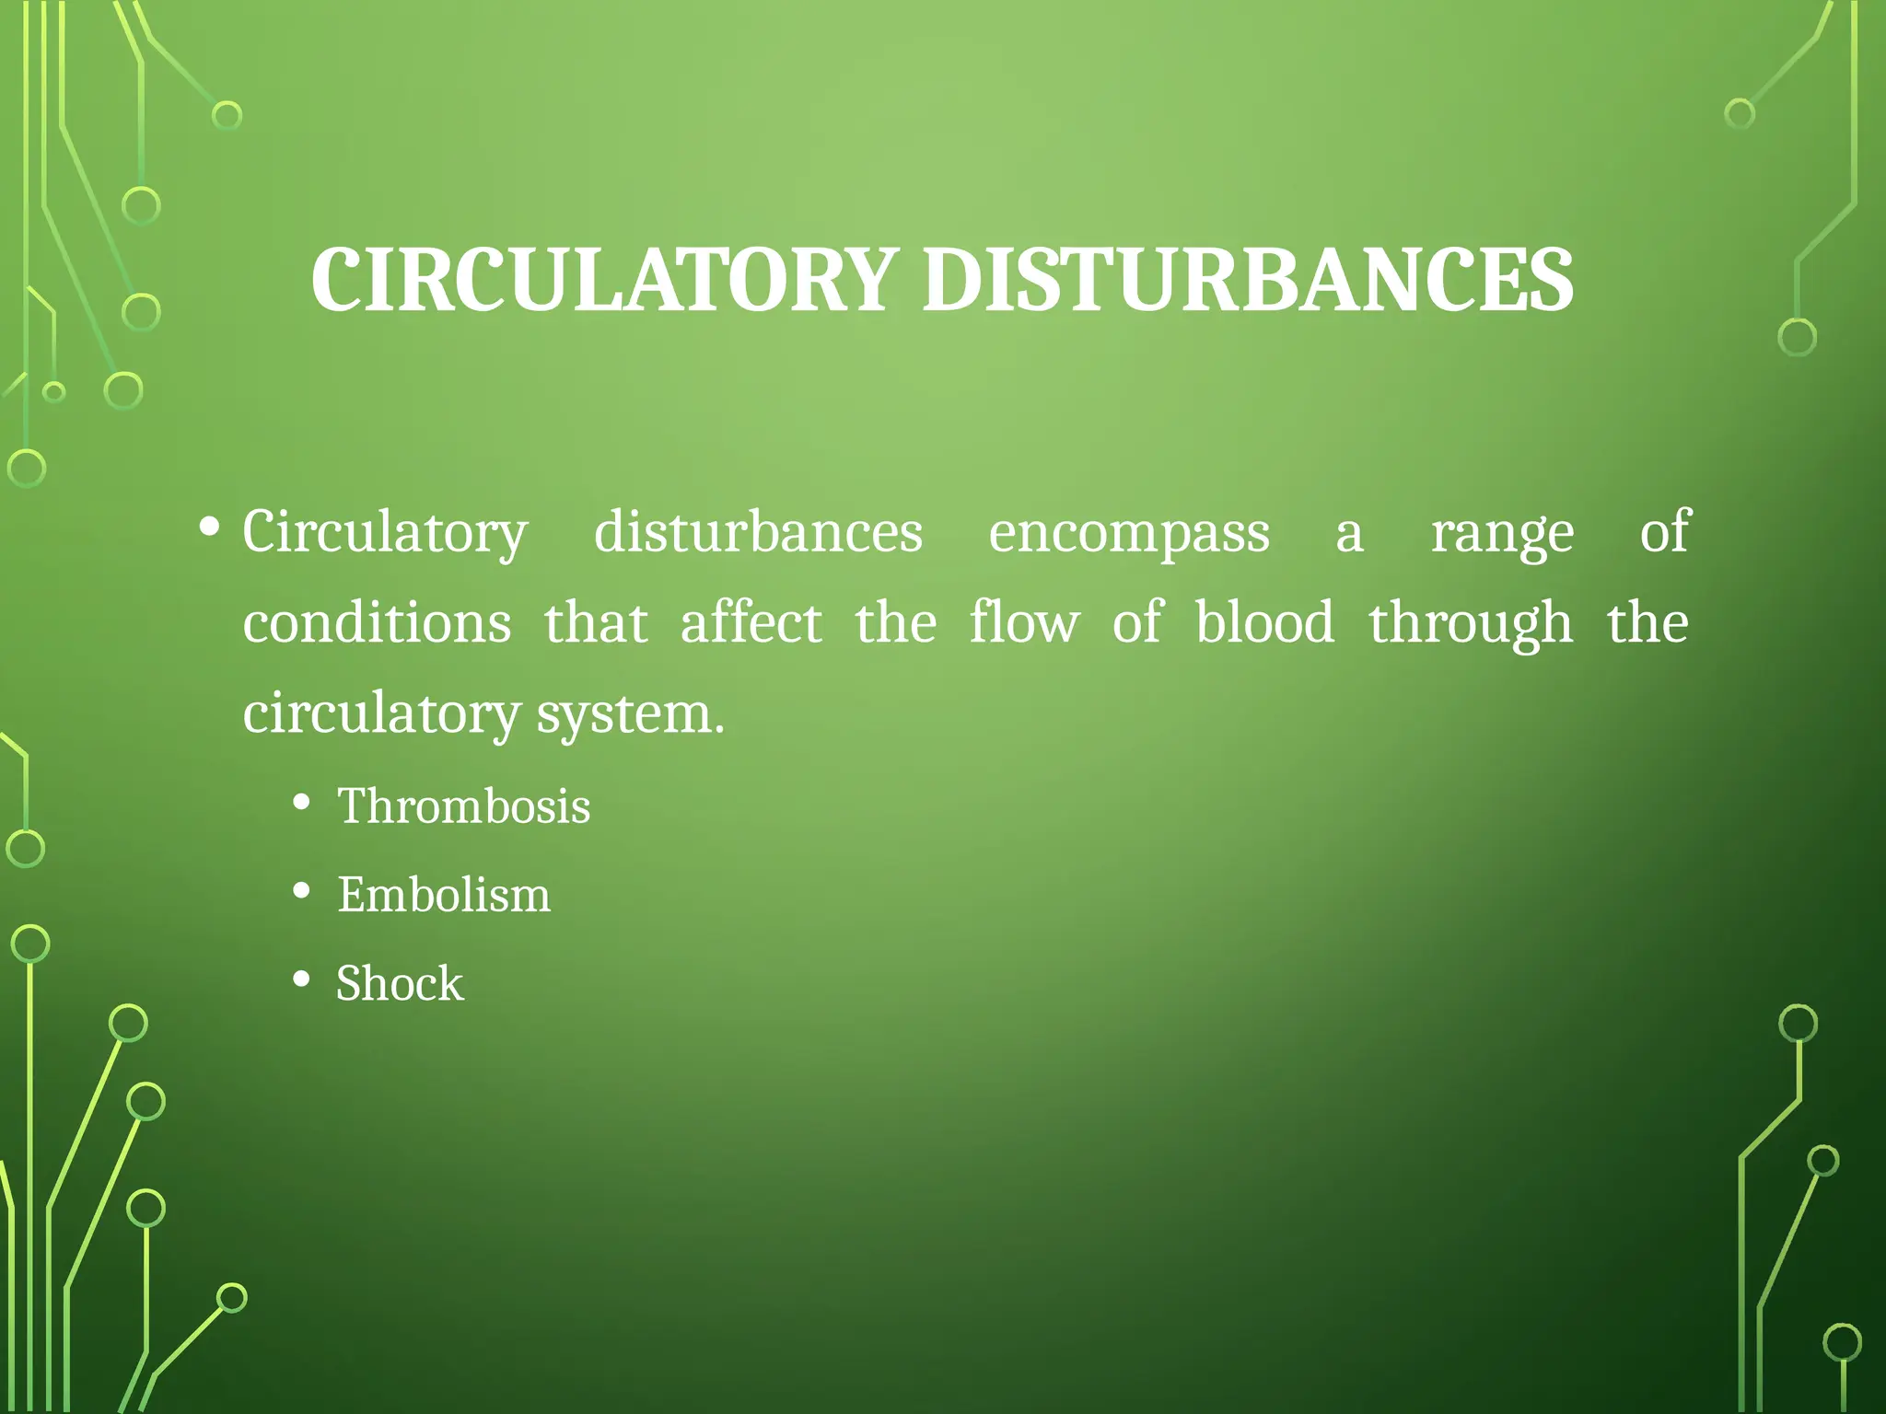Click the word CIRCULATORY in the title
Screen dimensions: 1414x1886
pyautogui.click(x=604, y=279)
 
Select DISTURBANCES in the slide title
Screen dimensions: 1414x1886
pyautogui.click(x=1248, y=279)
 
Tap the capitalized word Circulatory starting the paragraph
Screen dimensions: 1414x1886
pyautogui.click(x=385, y=533)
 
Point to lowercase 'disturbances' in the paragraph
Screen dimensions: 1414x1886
pyautogui.click(x=758, y=533)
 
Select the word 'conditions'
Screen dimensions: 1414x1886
pyautogui.click(x=377, y=623)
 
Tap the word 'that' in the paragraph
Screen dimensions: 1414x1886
pyautogui.click(x=596, y=623)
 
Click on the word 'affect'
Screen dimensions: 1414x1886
pyautogui.click(x=751, y=623)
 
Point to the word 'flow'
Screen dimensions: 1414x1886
pyautogui.click(x=1023, y=623)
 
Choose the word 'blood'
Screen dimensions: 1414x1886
pyautogui.click(x=1264, y=623)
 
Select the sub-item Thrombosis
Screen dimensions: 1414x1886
pyautogui.click(x=463, y=806)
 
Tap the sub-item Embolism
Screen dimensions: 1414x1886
pyautogui.click(x=443, y=895)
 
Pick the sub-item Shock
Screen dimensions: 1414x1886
pyautogui.click(x=400, y=983)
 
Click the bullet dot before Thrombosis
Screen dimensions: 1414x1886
pyautogui.click(x=301, y=803)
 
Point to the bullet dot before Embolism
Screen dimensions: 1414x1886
pyautogui.click(x=301, y=891)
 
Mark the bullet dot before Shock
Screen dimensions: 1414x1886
pyautogui.click(x=301, y=979)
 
